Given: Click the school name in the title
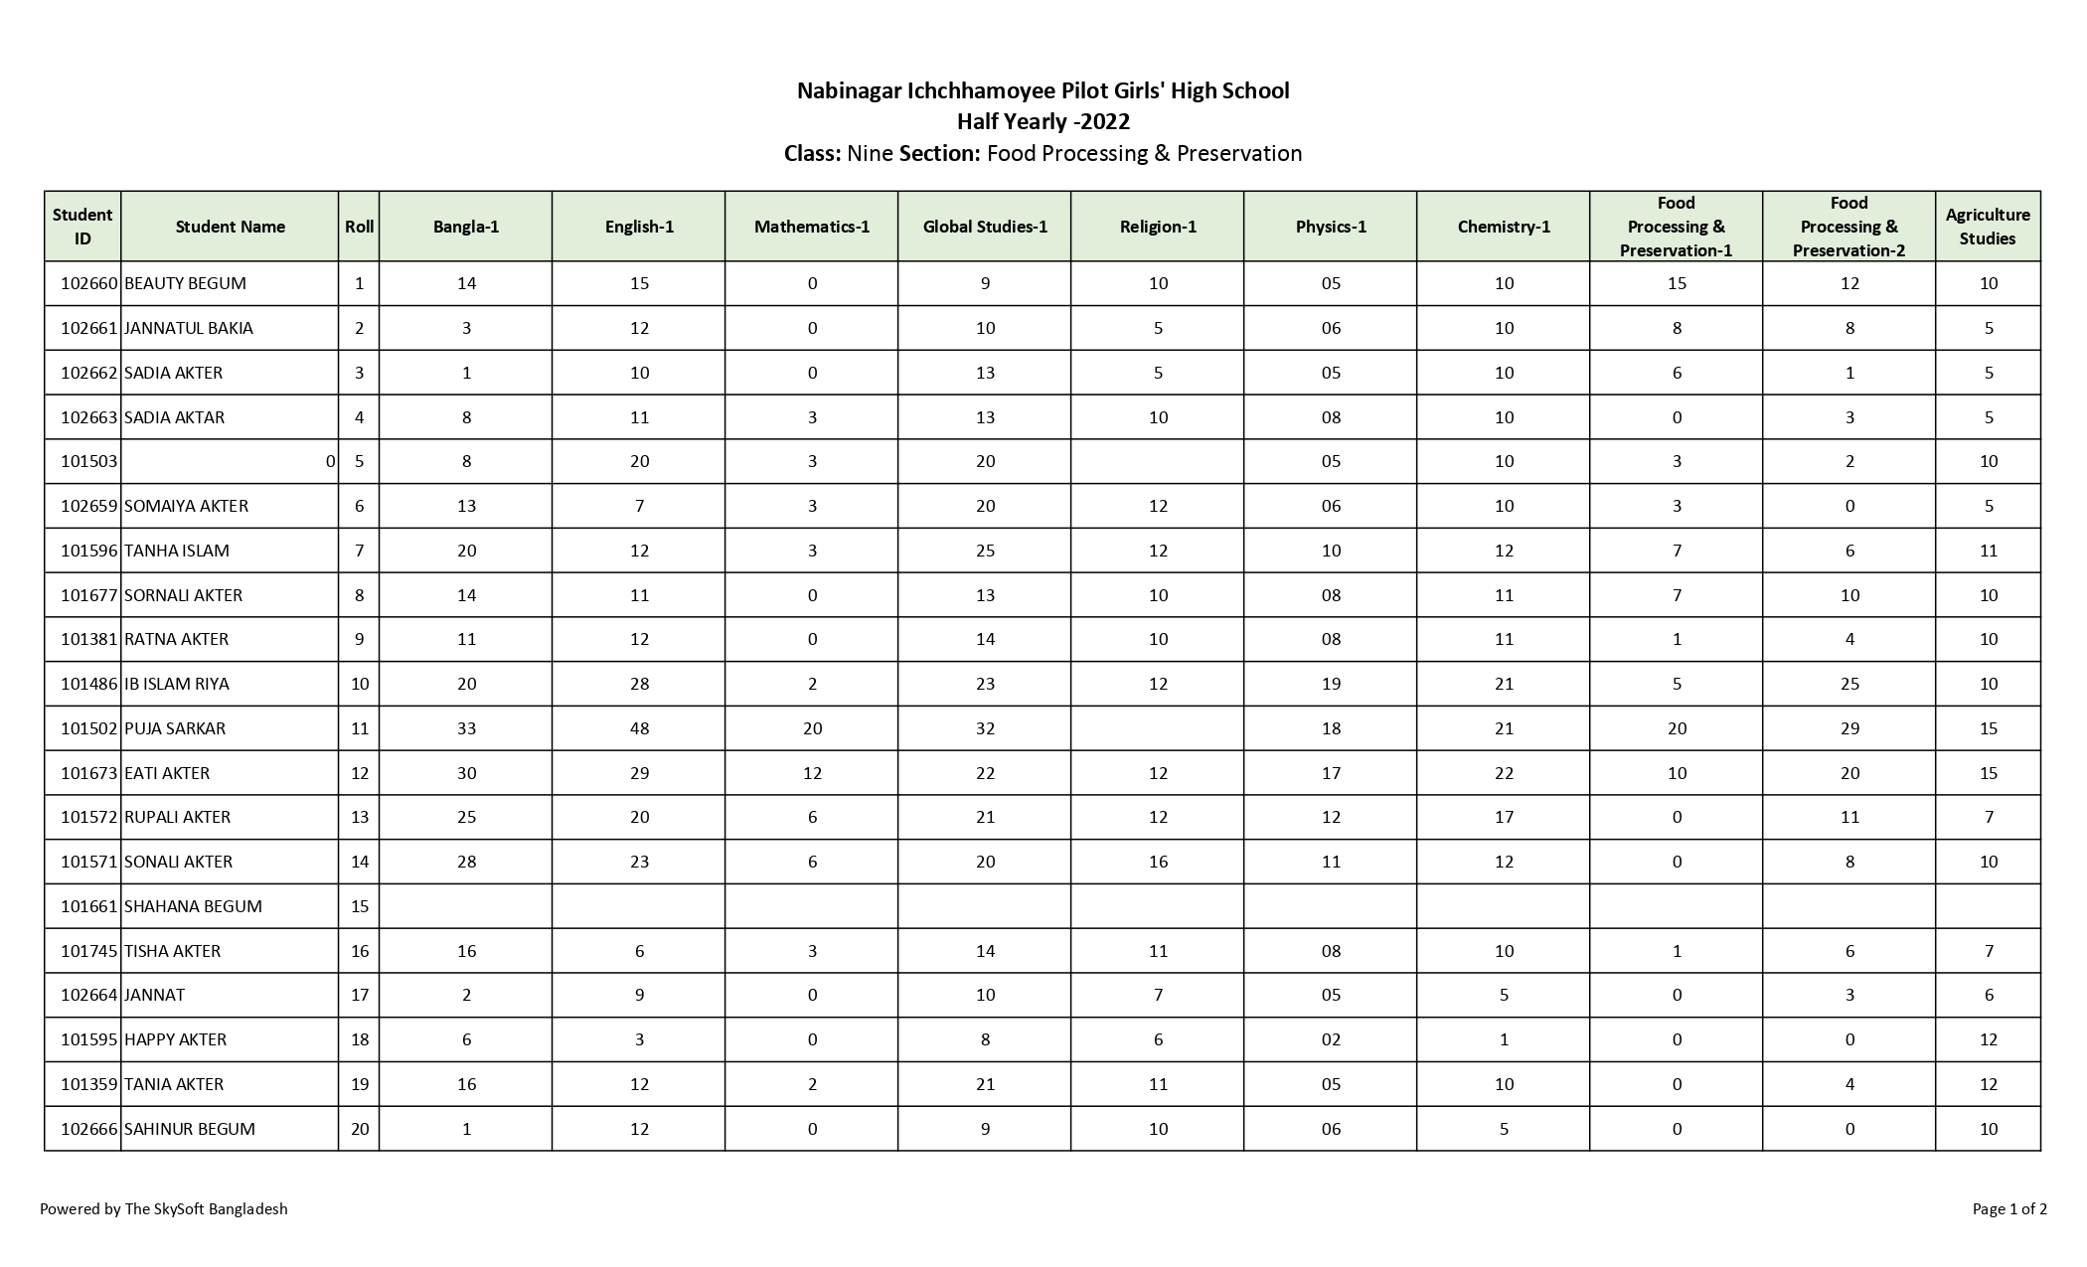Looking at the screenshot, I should (x=1043, y=91).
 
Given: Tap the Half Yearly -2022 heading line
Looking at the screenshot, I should (x=1043, y=122).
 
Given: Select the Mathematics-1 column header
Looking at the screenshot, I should (x=811, y=227).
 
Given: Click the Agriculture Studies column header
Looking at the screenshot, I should (x=1987, y=227).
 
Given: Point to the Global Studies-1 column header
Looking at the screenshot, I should (x=984, y=227).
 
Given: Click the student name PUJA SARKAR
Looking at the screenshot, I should (x=175, y=728).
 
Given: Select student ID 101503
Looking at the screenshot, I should (x=89, y=461).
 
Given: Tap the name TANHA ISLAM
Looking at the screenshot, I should (x=177, y=551).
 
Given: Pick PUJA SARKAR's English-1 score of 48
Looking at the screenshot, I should (x=639, y=728).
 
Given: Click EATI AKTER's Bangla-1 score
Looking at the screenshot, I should (x=466, y=773).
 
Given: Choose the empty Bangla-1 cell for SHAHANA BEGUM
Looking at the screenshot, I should (x=466, y=906).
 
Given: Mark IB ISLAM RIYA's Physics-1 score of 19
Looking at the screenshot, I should (x=1331, y=684).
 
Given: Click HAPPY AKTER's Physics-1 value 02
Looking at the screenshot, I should (x=1331, y=1039).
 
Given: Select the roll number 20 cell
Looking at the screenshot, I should (x=359, y=1129).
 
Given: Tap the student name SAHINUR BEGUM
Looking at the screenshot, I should (x=190, y=1129).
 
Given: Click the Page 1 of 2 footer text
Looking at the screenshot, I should (x=2009, y=1209).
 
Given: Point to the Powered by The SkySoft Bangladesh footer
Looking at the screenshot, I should (x=164, y=1209).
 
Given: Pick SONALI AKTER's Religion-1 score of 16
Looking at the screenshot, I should (x=1158, y=862).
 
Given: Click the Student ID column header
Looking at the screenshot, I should (x=82, y=227).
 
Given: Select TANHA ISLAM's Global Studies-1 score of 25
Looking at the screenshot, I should (x=985, y=551).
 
